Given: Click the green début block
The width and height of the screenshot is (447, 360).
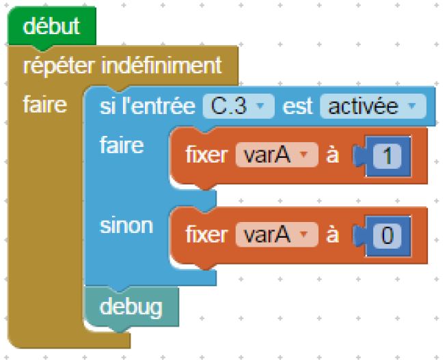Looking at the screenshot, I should pos(51,27).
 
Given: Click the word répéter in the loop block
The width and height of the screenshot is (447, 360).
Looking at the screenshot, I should pos(60,66).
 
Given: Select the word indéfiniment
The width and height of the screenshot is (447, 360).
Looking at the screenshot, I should pos(162,66).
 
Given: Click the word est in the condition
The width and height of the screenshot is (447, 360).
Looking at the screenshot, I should pos(297,107).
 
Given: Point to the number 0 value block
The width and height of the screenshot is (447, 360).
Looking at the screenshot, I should pos(387,235).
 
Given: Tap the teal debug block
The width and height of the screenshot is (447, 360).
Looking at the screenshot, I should pos(131,307).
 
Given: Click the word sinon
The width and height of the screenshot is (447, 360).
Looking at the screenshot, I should pos(126,225).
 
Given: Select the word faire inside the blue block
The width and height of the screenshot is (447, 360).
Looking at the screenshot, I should pos(122,146).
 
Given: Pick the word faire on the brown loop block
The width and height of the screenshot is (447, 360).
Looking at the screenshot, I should pos(44,106).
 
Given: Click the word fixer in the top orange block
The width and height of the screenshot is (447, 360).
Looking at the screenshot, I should pos(206,156).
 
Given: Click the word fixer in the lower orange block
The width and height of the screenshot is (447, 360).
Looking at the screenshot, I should pos(206,235).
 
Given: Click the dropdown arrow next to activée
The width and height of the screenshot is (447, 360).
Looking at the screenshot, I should pos(411,107).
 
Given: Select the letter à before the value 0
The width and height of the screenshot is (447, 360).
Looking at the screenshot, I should pos(333,235).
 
